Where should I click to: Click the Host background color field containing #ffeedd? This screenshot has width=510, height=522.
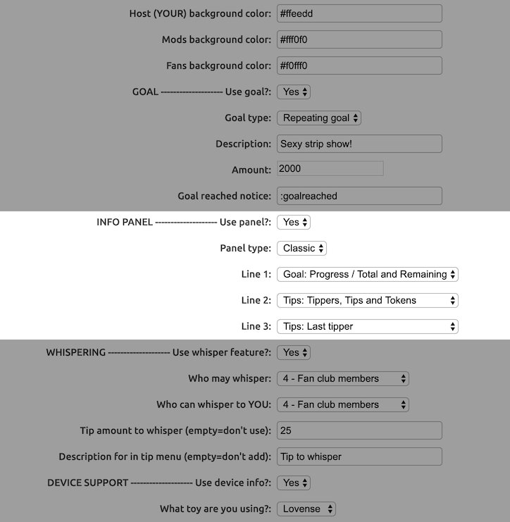(x=359, y=13)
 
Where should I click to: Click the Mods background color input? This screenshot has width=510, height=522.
(x=359, y=39)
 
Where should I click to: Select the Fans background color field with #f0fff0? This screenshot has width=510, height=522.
(x=359, y=66)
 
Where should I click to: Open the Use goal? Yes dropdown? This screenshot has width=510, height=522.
(x=294, y=92)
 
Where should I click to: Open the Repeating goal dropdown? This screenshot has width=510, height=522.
(x=319, y=118)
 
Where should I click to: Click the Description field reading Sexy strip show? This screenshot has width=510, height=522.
(x=359, y=144)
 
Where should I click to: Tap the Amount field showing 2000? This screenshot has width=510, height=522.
(x=330, y=169)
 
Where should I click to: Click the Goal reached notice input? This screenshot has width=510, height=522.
(x=359, y=196)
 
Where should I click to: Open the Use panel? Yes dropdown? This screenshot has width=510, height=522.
(x=294, y=222)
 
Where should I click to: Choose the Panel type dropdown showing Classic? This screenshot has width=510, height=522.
(x=301, y=248)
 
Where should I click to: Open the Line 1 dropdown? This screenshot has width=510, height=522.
(x=368, y=274)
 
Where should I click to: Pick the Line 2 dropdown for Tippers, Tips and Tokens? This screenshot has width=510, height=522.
(x=368, y=300)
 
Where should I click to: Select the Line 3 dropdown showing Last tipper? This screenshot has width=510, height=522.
(x=368, y=326)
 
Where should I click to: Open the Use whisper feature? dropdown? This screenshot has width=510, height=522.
(x=294, y=352)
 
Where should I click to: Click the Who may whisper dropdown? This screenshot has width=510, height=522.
(x=343, y=378)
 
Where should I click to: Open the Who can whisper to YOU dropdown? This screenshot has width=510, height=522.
(x=343, y=404)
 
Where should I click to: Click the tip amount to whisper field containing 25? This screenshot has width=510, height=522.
(x=359, y=430)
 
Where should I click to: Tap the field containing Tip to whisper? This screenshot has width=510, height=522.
(x=359, y=456)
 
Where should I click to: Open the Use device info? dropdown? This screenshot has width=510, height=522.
(x=294, y=483)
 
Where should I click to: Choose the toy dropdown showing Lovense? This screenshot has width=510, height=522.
(x=306, y=509)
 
